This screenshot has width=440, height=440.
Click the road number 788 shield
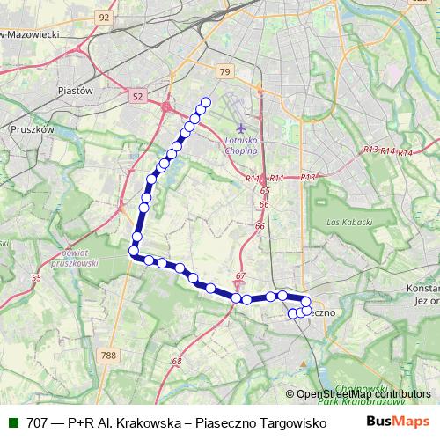click(x=108, y=356)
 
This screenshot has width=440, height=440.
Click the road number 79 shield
click(x=224, y=72)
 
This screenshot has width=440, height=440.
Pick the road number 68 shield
click(x=177, y=362)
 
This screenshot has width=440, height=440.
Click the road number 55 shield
click(x=36, y=278)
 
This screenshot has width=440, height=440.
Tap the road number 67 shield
click(x=240, y=276)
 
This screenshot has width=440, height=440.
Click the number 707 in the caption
click(x=38, y=422)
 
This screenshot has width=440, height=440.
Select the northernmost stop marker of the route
click(x=207, y=102)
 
